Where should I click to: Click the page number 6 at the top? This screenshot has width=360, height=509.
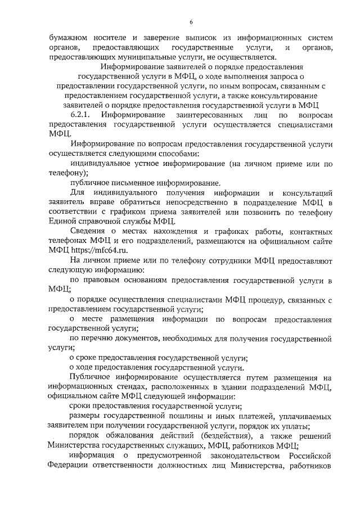point(191,22)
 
